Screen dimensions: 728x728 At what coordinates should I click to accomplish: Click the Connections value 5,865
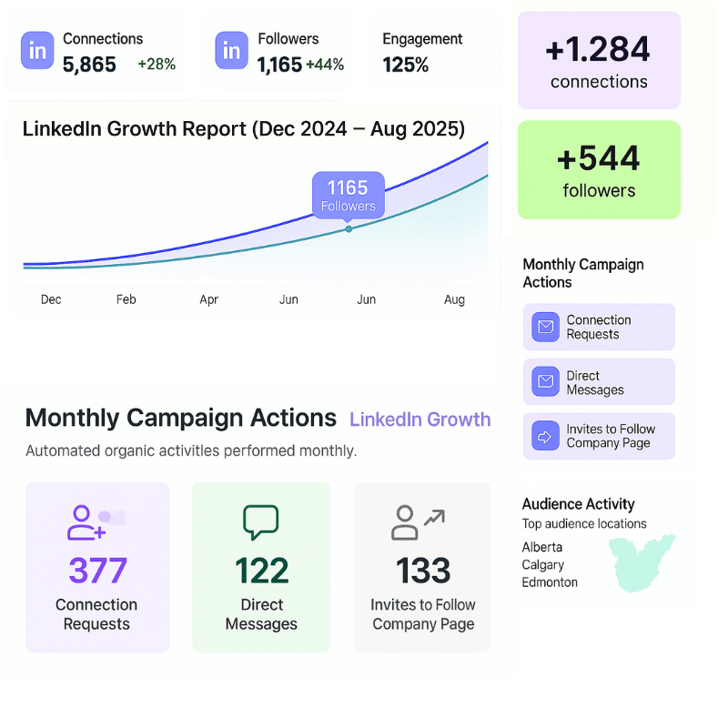tap(89, 65)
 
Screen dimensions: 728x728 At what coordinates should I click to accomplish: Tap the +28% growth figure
tap(157, 65)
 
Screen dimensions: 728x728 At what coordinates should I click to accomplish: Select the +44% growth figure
tap(325, 65)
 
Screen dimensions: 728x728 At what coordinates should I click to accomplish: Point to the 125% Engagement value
tap(406, 65)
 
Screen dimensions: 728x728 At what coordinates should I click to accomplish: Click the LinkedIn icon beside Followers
tap(231, 51)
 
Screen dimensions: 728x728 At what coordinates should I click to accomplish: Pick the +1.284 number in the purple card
tap(598, 48)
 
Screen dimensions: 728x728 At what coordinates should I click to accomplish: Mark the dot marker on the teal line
tap(349, 228)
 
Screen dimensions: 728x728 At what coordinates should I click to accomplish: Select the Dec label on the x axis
tap(51, 299)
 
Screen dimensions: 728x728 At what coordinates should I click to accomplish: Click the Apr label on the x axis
tap(209, 299)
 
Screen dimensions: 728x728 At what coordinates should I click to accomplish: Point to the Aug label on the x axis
tap(454, 299)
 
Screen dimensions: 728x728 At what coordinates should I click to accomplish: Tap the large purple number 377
tap(97, 571)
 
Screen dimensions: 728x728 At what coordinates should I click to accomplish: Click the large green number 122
tap(261, 571)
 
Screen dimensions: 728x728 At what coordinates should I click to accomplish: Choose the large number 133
tap(423, 571)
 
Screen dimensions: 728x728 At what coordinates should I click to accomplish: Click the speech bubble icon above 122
tap(260, 521)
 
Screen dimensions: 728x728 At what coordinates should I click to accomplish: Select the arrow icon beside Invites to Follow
tap(546, 437)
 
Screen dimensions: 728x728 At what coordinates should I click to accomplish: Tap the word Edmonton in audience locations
tap(550, 582)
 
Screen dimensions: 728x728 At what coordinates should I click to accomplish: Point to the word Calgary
tap(542, 565)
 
